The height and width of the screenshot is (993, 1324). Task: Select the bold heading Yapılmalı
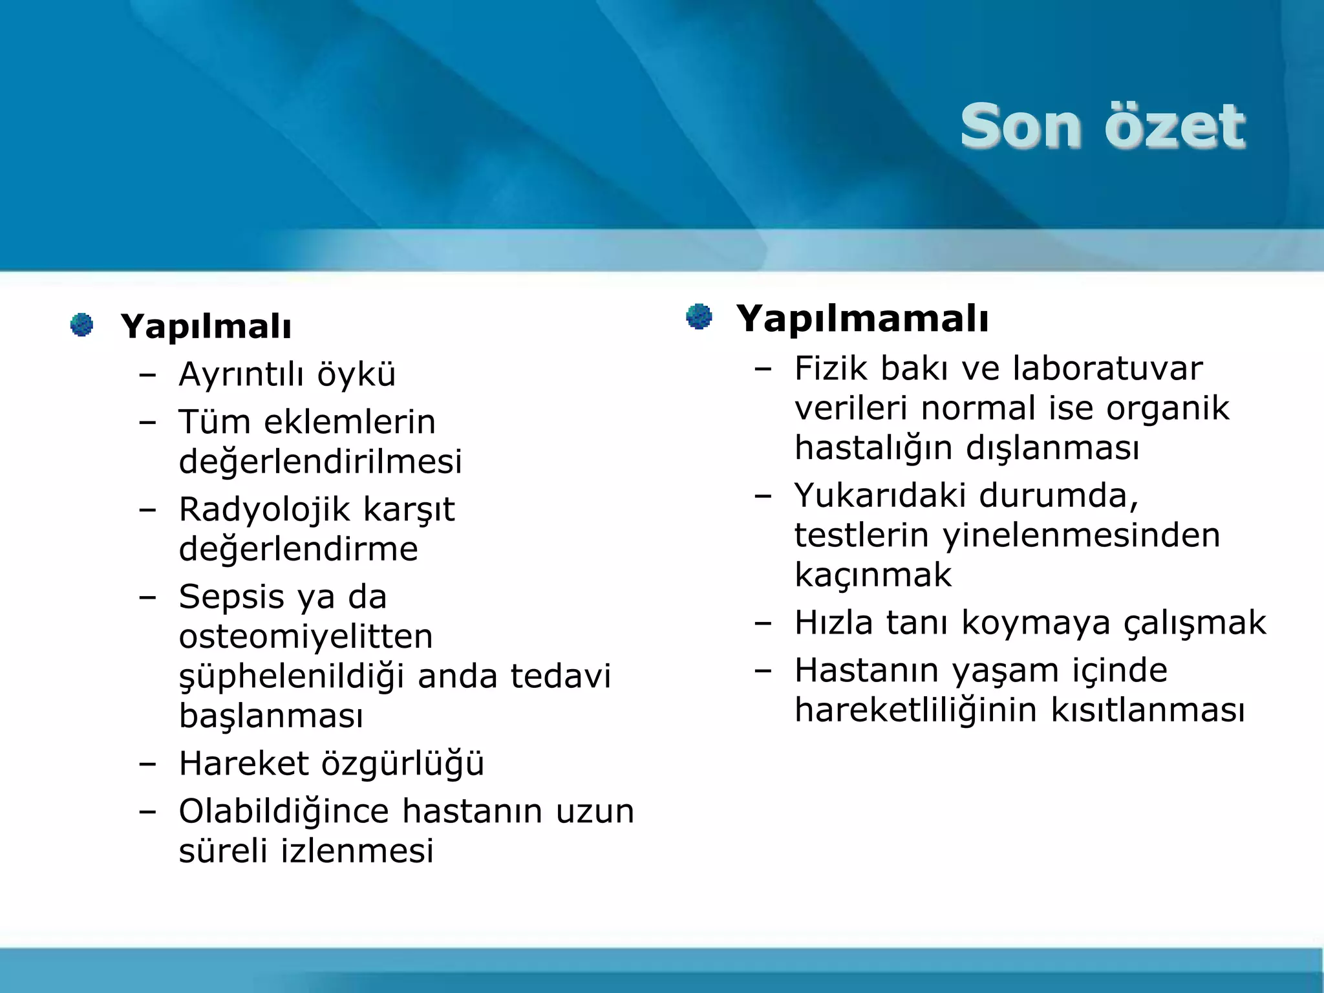pos(206,326)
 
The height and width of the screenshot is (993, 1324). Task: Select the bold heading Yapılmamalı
pos(862,319)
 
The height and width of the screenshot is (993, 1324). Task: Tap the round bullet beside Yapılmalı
pos(81,325)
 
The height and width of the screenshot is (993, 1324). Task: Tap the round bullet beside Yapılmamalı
pos(699,317)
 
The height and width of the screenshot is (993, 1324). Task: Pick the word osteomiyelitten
pos(306,636)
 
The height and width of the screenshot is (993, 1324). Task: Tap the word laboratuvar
pos(1107,368)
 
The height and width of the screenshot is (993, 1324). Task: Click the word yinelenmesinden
pos(1081,535)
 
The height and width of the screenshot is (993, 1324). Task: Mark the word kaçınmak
pos(873,575)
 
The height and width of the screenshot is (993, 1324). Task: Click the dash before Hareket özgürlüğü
pos(148,763)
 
